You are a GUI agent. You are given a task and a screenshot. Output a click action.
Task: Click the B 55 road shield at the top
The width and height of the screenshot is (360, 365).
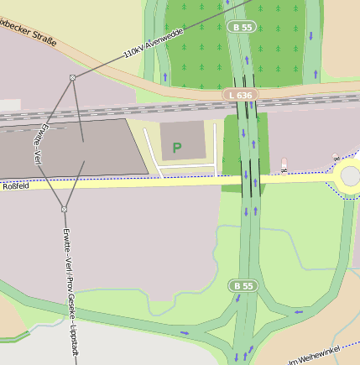(243, 28)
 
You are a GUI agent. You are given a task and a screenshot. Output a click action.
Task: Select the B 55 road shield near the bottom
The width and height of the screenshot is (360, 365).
(243, 286)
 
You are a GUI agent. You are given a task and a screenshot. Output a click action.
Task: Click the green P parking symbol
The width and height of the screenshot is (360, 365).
(176, 148)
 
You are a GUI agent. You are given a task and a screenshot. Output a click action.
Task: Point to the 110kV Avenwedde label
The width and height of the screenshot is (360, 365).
(153, 43)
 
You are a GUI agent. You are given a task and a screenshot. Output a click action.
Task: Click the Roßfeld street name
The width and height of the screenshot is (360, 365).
(16, 186)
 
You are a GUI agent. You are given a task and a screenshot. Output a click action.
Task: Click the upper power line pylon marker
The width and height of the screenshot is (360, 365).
(73, 78)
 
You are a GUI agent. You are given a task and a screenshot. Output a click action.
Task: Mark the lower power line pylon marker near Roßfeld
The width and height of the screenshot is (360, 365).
(64, 208)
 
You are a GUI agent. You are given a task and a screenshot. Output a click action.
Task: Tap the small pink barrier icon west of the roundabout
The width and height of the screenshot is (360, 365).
(284, 162)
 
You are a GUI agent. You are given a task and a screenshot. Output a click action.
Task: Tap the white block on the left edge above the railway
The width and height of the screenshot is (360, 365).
(8, 105)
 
